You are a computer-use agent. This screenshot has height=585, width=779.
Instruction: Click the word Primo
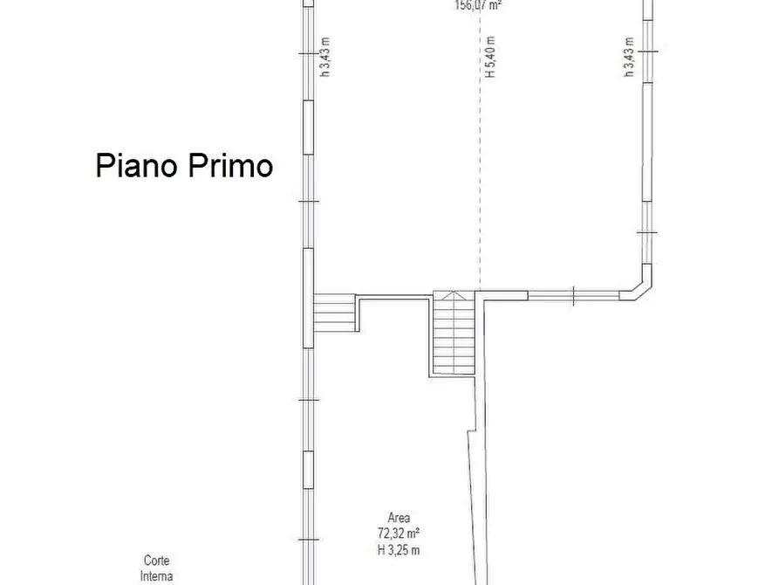pos(229,166)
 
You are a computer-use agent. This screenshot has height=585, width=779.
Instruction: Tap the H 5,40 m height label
pos(490,58)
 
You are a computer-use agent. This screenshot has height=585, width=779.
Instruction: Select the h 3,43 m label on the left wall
pos(325,57)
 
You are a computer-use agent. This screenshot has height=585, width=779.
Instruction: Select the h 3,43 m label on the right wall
pos(628,57)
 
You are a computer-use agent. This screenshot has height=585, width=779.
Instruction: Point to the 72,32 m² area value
pos(400,533)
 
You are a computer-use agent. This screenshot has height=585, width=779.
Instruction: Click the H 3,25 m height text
pos(400,549)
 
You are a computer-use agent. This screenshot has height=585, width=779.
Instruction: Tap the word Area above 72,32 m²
pos(400,517)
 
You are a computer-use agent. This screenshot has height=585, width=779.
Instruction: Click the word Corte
pos(157,561)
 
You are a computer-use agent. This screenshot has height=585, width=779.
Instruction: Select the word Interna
pos(157,576)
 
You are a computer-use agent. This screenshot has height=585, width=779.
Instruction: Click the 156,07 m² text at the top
pos(478,4)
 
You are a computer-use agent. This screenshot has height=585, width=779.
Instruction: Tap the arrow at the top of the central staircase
pos(454,298)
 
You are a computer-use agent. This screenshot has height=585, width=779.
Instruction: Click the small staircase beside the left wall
pos(334,313)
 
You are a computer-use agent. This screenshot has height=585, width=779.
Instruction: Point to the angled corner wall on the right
pos(638,289)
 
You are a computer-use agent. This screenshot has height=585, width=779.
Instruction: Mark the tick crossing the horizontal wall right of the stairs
pos(573,297)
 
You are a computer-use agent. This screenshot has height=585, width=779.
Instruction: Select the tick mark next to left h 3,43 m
pos(307,54)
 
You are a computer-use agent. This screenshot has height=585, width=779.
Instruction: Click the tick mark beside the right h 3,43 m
pos(646,54)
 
